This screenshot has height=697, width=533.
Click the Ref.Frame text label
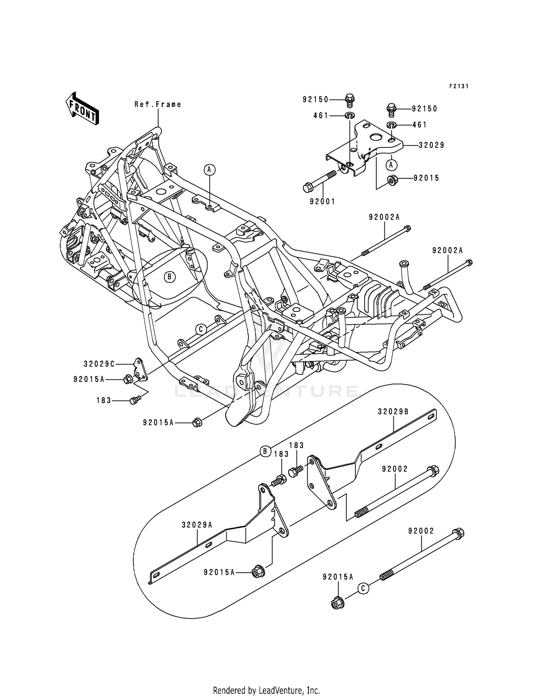[158, 104]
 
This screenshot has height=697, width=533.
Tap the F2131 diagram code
[459, 86]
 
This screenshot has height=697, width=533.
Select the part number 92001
[322, 201]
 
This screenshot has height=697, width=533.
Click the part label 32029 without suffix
[431, 145]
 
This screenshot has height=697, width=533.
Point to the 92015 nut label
[426, 178]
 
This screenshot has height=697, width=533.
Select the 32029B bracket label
[393, 412]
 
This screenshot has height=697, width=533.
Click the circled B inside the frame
[170, 277]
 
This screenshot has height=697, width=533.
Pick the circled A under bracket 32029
[391, 165]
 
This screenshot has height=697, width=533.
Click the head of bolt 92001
[308, 187]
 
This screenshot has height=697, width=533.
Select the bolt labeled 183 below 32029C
[134, 401]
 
